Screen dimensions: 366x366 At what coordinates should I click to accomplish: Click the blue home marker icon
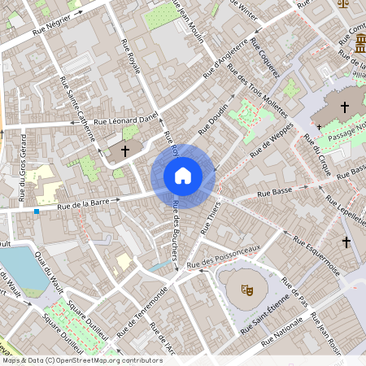tap(183, 175)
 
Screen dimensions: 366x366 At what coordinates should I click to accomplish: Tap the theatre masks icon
tap(244, 286)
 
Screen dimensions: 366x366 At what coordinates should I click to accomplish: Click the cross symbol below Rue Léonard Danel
tap(125, 151)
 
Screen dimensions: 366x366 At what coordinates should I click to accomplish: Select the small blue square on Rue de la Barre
tap(37, 211)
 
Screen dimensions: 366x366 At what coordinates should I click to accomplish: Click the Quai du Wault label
tap(49, 274)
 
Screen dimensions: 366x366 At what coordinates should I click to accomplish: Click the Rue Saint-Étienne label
tap(264, 317)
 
